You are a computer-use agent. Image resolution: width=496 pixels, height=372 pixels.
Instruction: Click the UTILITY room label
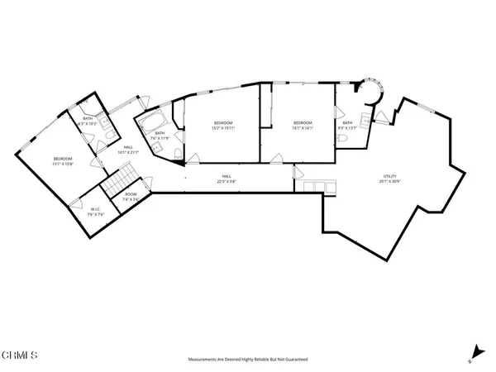click(x=389, y=176)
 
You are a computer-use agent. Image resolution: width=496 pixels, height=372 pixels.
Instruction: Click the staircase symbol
click(x=123, y=177)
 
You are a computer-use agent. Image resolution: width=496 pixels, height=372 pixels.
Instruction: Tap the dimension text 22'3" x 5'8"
click(x=225, y=182)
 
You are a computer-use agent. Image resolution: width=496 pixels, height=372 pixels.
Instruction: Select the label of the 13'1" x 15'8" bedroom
click(x=64, y=159)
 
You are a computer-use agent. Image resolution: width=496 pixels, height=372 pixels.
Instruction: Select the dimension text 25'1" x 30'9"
click(x=389, y=182)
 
